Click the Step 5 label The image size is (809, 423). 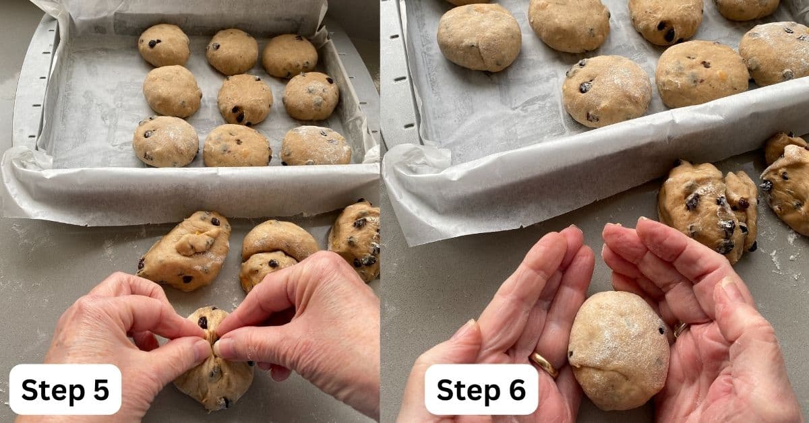pyautogui.click(x=65, y=389)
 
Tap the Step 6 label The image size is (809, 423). pyautogui.click(x=481, y=389)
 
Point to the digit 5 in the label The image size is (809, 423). pyautogui.click(x=101, y=390)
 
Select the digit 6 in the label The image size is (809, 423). pyautogui.click(x=517, y=390)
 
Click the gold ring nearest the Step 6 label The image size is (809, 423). pyautogui.click(x=544, y=364)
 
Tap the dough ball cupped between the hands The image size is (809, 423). pyautogui.click(x=619, y=350)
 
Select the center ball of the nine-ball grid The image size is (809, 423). pyautogui.click(x=245, y=99)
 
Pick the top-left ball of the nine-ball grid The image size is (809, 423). pyautogui.click(x=164, y=44)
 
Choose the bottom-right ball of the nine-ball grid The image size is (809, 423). pyautogui.click(x=316, y=145)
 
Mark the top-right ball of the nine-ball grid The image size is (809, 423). pyautogui.click(x=290, y=56)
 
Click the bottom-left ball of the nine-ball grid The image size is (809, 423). pyautogui.click(x=165, y=141)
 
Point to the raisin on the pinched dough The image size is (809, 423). pyautogui.click(x=203, y=323)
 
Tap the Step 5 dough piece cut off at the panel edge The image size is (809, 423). pyautogui.click(x=355, y=240)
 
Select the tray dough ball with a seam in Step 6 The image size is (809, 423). pyautogui.click(x=479, y=38)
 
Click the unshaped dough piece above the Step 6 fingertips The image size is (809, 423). pyautogui.click(x=708, y=211)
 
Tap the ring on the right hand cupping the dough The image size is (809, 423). pyautogui.click(x=680, y=329)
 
